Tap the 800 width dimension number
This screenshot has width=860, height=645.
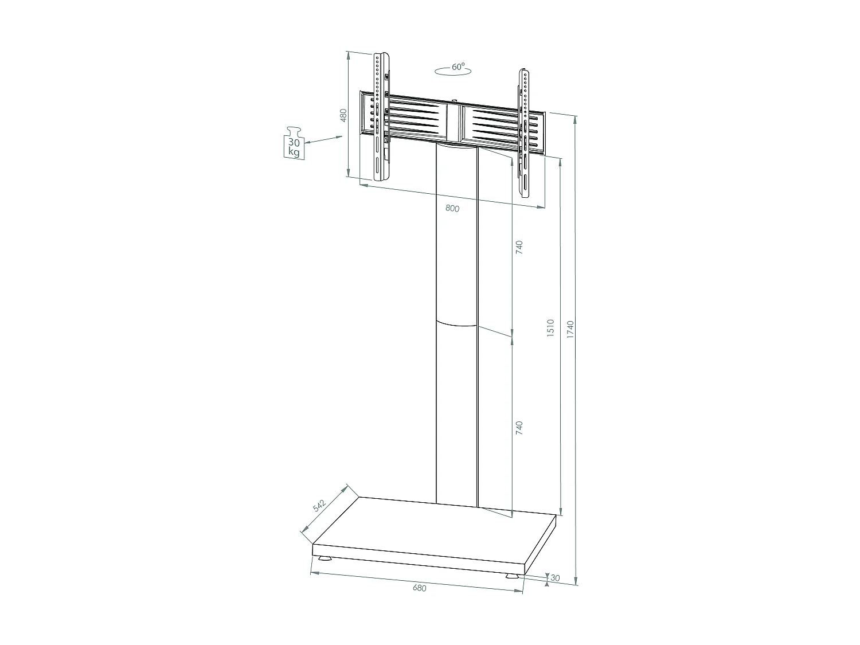click(x=452, y=209)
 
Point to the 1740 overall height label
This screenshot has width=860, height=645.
click(x=570, y=329)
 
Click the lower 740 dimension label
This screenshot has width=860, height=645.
click(x=519, y=427)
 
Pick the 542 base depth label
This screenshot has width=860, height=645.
click(x=319, y=505)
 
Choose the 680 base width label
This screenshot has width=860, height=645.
click(x=420, y=588)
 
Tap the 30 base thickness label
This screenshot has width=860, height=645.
click(x=554, y=578)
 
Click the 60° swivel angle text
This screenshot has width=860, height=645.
click(x=458, y=67)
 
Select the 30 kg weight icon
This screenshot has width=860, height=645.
click(x=294, y=143)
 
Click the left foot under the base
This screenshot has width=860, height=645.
click(x=323, y=558)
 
